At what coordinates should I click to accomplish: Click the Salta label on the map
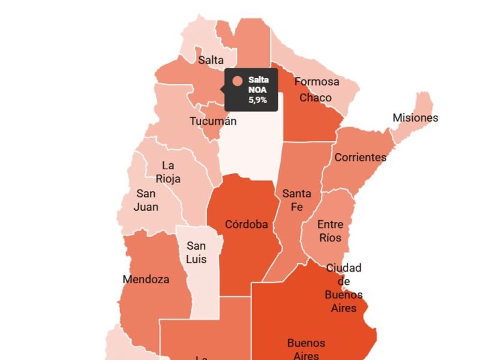[x=211, y=60]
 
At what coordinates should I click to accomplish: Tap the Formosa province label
[x=316, y=82]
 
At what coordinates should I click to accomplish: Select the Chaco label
[x=315, y=97]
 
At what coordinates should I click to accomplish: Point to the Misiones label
[x=415, y=118]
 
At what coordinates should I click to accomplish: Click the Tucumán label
[x=213, y=121]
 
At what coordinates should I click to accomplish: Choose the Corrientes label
[x=360, y=157]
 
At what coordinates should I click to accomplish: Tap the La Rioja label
[x=168, y=172]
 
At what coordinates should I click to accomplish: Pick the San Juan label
[x=146, y=200]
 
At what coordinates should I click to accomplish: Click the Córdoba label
[x=246, y=224]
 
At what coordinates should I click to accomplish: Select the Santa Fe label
[x=296, y=200]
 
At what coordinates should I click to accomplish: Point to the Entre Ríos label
[x=330, y=231]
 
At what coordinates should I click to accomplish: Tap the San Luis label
[x=196, y=253]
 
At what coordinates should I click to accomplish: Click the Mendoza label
[x=146, y=279]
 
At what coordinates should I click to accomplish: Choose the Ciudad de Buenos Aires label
[x=344, y=288]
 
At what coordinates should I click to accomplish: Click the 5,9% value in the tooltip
[x=258, y=100]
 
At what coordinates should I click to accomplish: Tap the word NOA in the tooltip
[x=258, y=90]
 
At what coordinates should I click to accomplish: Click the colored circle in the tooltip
[x=238, y=81]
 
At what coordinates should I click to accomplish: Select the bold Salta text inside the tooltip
[x=259, y=80]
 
